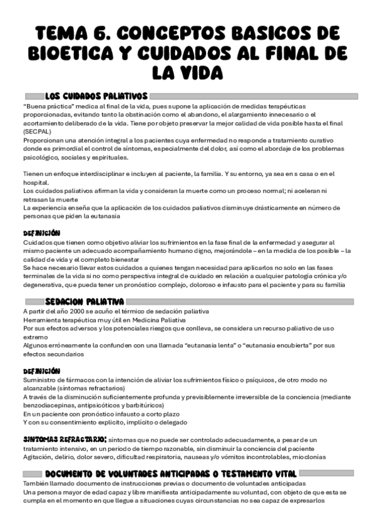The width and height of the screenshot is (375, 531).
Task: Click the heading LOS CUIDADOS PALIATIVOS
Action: pos(96,96)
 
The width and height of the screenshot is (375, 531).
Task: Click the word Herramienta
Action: pos(42,319)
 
